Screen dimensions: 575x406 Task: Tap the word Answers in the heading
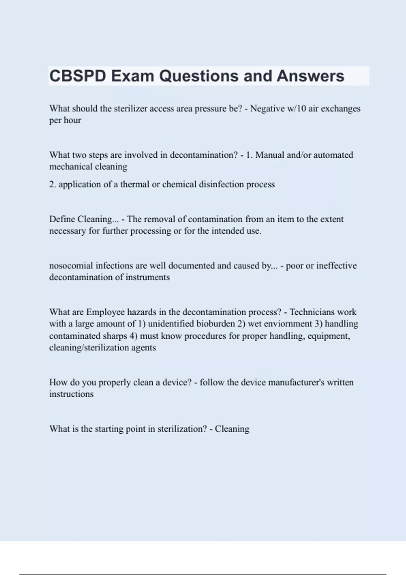click(x=310, y=76)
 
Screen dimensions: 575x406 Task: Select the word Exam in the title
click(x=133, y=76)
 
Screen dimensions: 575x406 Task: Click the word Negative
click(x=267, y=109)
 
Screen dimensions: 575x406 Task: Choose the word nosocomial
click(x=71, y=266)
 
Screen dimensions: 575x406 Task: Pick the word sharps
click(x=115, y=336)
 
